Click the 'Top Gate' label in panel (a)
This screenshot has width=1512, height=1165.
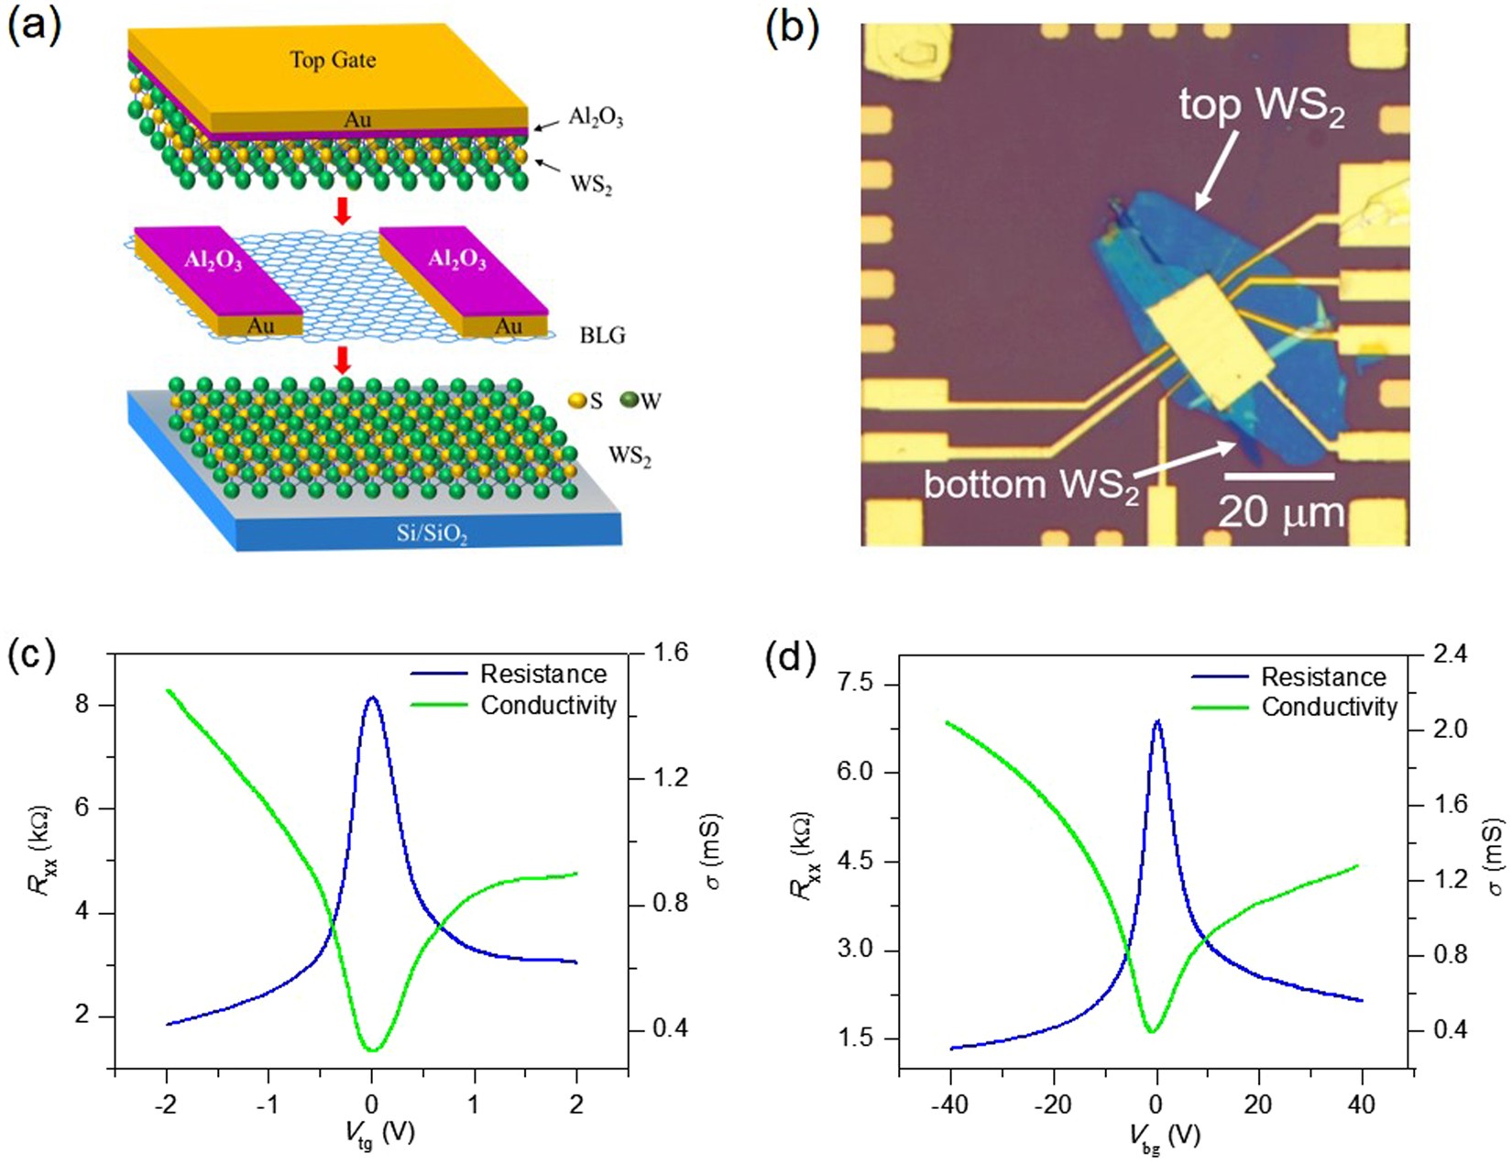tap(333, 60)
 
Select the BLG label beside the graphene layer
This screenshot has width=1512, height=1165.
tap(602, 335)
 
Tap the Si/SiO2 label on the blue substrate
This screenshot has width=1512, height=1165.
tap(432, 533)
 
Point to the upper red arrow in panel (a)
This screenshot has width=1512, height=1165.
tap(342, 211)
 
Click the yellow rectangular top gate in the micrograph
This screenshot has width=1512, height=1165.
tap(1211, 342)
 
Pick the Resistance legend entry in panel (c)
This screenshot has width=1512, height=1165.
tap(543, 675)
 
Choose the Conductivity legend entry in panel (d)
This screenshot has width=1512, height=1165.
tap(1329, 707)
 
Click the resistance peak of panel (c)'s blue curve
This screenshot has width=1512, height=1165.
tap(371, 698)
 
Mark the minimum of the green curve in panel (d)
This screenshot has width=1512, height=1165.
tap(1152, 1031)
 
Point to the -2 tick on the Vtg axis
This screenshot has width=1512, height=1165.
tap(166, 1104)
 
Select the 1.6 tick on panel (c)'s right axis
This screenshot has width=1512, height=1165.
tap(670, 654)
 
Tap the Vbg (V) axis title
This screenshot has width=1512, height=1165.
tap(1164, 1137)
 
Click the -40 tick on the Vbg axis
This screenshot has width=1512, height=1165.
tap(950, 1105)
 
